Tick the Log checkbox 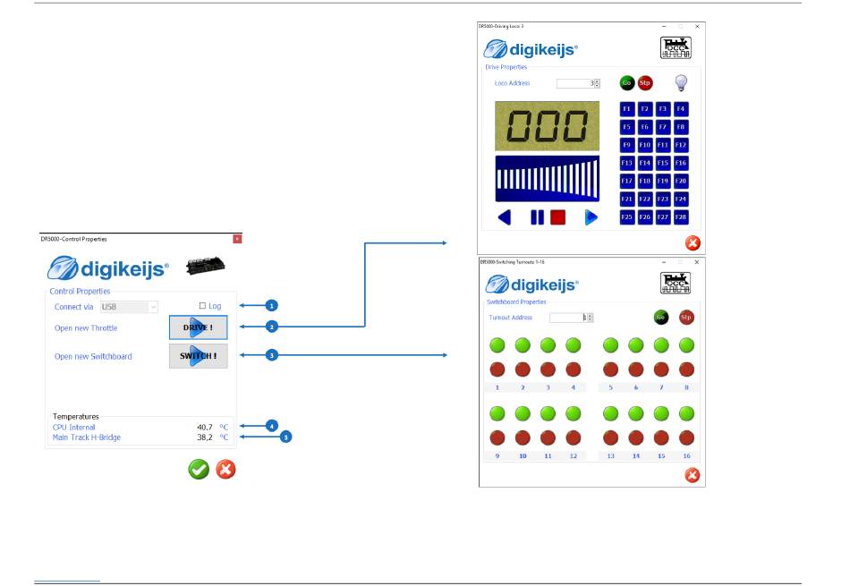click(x=202, y=306)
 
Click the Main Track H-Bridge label click(x=87, y=437)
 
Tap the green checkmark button click(x=199, y=470)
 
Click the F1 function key click(x=627, y=109)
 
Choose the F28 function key click(x=681, y=217)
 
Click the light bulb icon click(x=681, y=83)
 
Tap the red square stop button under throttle click(x=557, y=217)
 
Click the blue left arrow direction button click(x=506, y=217)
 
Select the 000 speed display click(x=547, y=126)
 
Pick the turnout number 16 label click(x=687, y=455)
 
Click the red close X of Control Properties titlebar click(x=237, y=239)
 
